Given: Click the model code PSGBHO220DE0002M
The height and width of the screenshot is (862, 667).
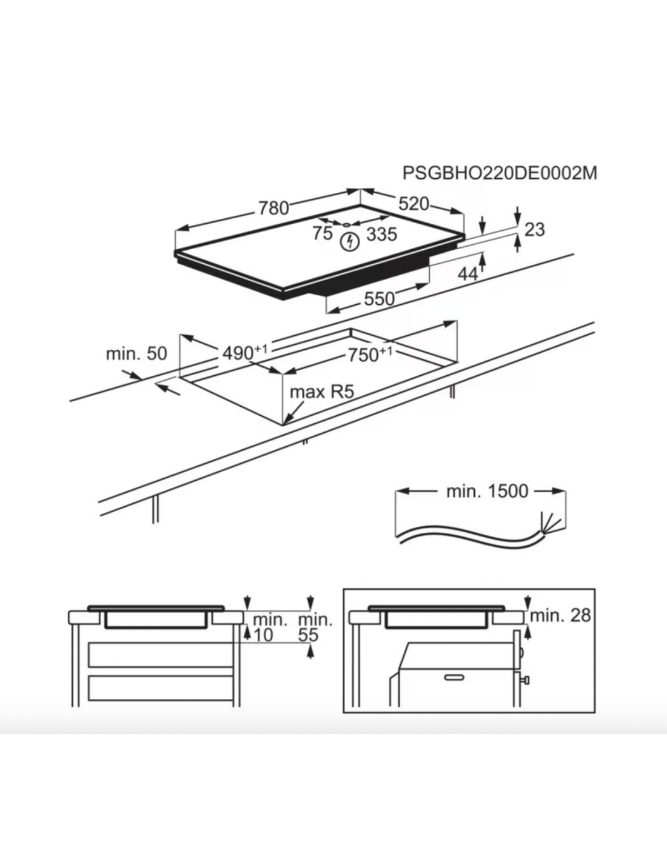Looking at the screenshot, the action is [500, 173].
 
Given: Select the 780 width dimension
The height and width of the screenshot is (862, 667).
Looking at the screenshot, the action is [273, 209].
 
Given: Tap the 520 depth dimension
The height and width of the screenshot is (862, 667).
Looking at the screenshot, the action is [414, 204].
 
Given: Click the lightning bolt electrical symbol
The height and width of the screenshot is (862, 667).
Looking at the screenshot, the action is [350, 242].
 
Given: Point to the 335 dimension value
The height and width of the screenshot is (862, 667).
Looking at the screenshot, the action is [381, 234].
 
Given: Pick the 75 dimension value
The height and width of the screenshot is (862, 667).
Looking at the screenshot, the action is [322, 233].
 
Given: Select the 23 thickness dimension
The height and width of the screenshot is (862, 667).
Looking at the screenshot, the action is [534, 230].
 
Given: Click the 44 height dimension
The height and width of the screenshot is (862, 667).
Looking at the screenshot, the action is [468, 274].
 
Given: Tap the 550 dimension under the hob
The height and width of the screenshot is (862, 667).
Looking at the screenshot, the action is [380, 299].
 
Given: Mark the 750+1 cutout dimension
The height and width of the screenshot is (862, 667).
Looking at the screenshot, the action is [370, 354].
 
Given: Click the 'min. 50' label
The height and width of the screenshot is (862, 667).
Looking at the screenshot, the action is [136, 353].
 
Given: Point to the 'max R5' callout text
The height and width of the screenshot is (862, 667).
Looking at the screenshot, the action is [321, 392].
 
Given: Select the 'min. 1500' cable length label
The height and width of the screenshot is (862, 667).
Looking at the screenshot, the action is [488, 492].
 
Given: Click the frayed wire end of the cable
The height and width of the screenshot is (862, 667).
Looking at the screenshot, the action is [550, 522].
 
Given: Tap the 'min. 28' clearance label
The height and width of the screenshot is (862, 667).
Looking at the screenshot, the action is [560, 615].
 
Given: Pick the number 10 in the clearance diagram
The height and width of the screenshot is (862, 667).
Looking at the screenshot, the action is [263, 635].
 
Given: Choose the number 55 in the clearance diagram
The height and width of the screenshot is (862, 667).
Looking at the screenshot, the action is [308, 635].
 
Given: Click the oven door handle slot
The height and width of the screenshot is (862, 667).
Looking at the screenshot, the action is [455, 677].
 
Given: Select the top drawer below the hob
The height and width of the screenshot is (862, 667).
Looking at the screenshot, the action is [161, 655].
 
